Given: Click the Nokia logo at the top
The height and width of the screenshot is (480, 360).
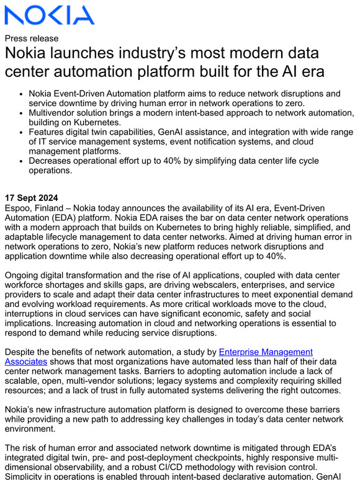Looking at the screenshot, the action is tap(49, 15).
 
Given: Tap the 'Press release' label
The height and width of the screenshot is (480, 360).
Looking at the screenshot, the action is tap(31, 38).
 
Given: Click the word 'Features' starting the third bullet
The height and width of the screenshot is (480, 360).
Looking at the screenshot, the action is tap(49, 133).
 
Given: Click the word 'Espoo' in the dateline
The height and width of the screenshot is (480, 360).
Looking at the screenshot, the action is tap(19, 208).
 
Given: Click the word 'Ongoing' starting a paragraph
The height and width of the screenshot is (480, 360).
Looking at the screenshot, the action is tap(23, 275).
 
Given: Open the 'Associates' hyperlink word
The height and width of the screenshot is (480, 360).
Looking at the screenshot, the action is tap(25, 362).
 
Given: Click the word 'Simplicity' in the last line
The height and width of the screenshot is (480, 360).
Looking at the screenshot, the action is tap(27, 476).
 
